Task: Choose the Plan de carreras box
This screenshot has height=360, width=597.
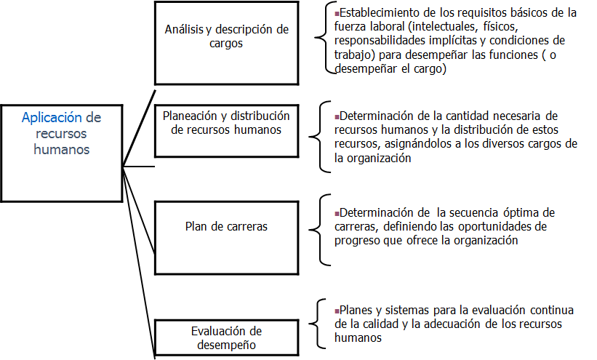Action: pyautogui.click(x=226, y=226)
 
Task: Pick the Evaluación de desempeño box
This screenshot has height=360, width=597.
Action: pyautogui.click(x=226, y=339)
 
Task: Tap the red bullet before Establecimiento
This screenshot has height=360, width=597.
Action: pyautogui.click(x=337, y=13)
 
